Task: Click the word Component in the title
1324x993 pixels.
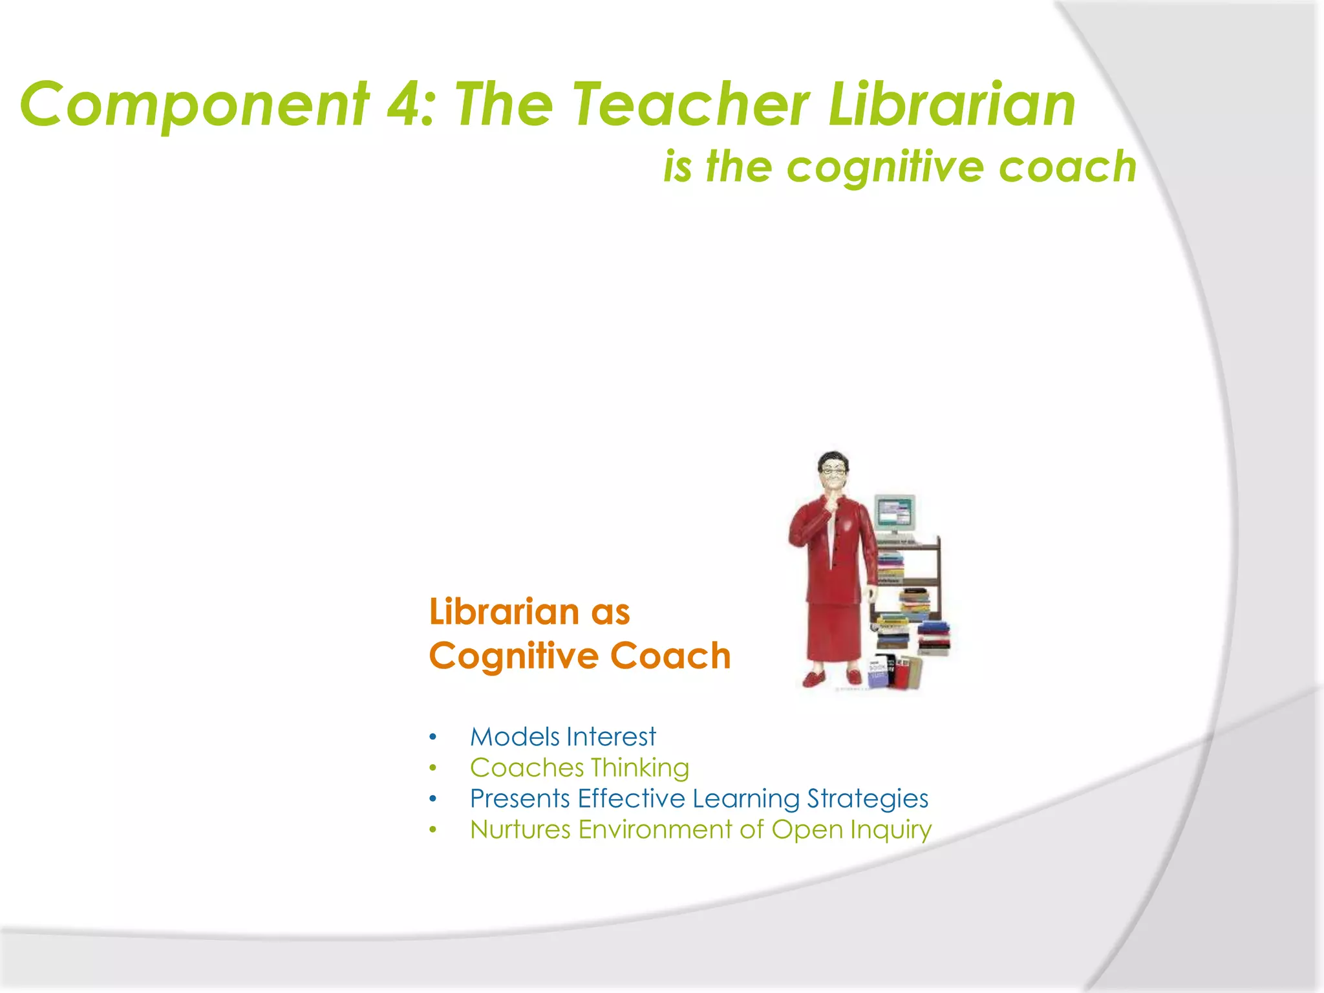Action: tap(194, 105)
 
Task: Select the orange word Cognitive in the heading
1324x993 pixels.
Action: tap(514, 656)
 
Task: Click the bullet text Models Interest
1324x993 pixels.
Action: tap(562, 737)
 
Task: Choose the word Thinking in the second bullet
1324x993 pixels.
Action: tap(639, 768)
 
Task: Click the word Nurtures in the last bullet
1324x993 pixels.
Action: tap(520, 829)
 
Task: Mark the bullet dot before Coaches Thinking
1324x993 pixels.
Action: tap(433, 768)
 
